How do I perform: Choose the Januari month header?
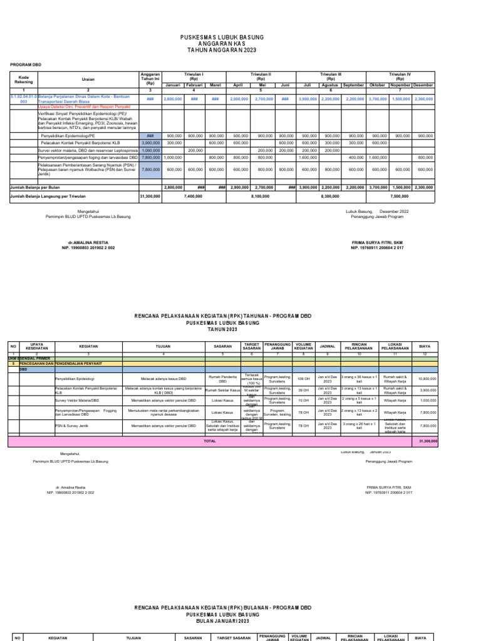[x=172, y=85]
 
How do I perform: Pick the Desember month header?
[x=423, y=85]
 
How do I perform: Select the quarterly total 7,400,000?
[x=193, y=196]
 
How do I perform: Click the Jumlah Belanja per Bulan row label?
[x=34, y=187]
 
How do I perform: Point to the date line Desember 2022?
[x=377, y=212]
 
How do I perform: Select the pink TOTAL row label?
[x=210, y=441]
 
